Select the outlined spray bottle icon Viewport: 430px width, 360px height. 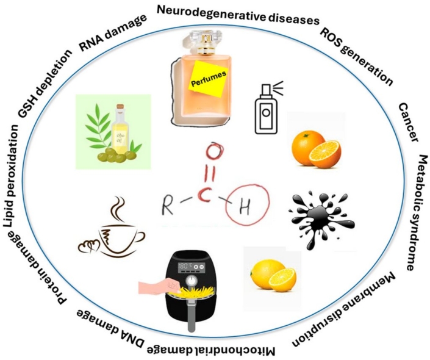pos(267,108)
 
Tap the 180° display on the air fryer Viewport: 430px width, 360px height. pos(185,266)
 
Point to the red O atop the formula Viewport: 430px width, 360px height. pos(215,151)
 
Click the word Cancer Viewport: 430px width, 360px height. pos(408,123)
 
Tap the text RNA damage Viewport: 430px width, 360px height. pos(113,33)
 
